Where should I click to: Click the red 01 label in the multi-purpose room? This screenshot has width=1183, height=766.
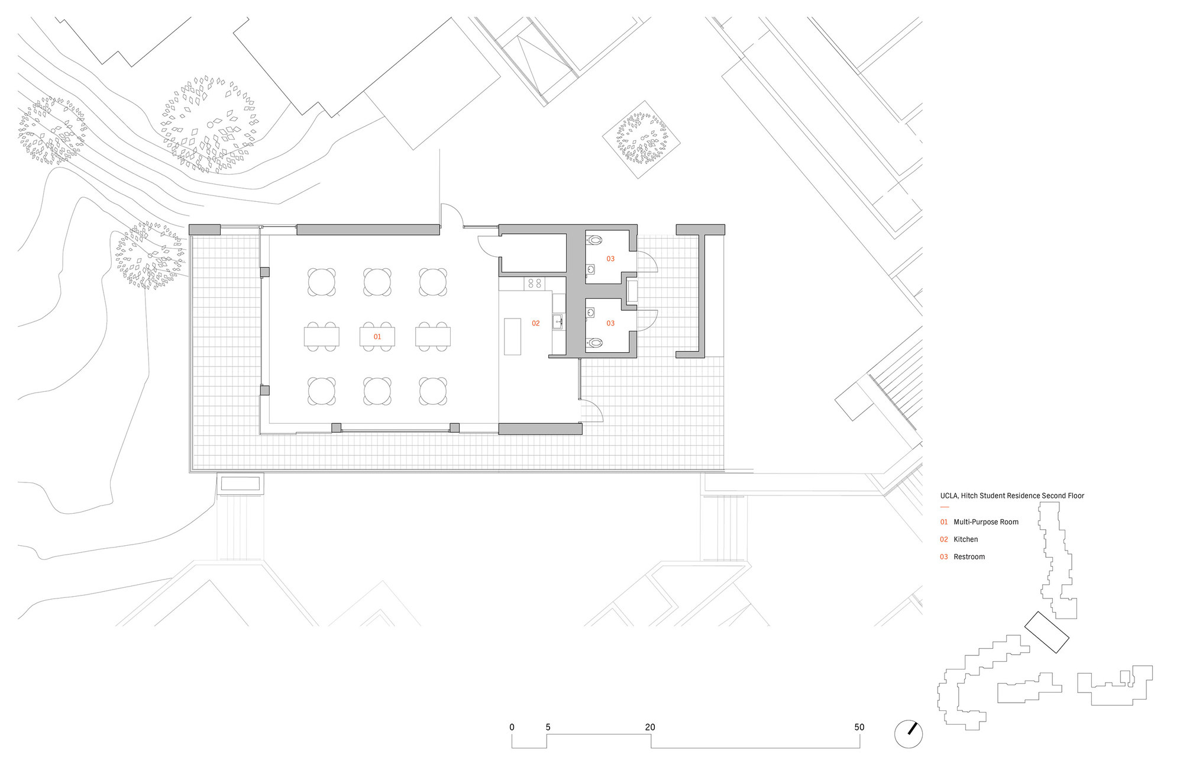(377, 337)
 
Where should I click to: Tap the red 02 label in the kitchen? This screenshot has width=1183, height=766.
(536, 323)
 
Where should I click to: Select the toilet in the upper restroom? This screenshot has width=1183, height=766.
(595, 240)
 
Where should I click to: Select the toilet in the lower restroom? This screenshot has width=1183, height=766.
(595, 343)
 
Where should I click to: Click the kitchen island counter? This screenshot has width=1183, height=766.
(512, 336)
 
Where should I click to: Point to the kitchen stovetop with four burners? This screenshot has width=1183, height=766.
(535, 284)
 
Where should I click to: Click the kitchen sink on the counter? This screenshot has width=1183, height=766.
(558, 322)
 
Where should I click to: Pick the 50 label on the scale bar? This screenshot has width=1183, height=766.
(859, 727)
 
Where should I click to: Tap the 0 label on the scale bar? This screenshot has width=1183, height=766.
(512, 727)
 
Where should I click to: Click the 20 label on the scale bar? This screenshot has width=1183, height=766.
(650, 727)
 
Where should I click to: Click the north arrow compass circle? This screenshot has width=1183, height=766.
(909, 734)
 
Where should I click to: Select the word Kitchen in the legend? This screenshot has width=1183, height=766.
(965, 539)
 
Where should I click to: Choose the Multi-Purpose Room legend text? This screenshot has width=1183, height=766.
(986, 522)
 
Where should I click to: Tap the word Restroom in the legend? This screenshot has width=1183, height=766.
(969, 556)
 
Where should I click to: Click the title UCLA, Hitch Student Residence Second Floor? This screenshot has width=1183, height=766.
(1012, 495)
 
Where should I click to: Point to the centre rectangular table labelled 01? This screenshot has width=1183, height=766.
(377, 337)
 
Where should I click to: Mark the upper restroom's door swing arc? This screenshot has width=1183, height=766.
(648, 261)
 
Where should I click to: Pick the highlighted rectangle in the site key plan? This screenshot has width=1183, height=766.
(1046, 632)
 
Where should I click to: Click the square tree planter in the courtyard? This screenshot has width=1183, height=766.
(641, 139)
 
